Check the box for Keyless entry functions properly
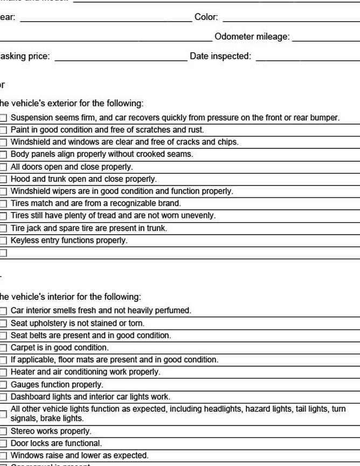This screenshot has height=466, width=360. coord(3,241)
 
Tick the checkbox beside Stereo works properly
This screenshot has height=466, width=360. coord(3,431)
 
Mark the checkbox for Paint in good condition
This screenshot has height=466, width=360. coord(3,130)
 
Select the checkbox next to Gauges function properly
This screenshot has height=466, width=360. coord(3,385)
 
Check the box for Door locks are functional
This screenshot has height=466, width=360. coord(3,444)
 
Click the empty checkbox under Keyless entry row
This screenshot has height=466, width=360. coord(3,253)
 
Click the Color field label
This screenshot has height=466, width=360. coord(206,17)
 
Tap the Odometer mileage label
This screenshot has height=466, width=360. coord(252,37)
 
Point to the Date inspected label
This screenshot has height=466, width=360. coord(220,56)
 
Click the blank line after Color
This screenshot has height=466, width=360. coord(291,19)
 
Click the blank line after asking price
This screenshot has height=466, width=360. coord(121,58)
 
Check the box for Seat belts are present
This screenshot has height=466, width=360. coord(3,335)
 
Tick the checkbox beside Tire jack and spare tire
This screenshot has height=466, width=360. coord(3,229)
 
